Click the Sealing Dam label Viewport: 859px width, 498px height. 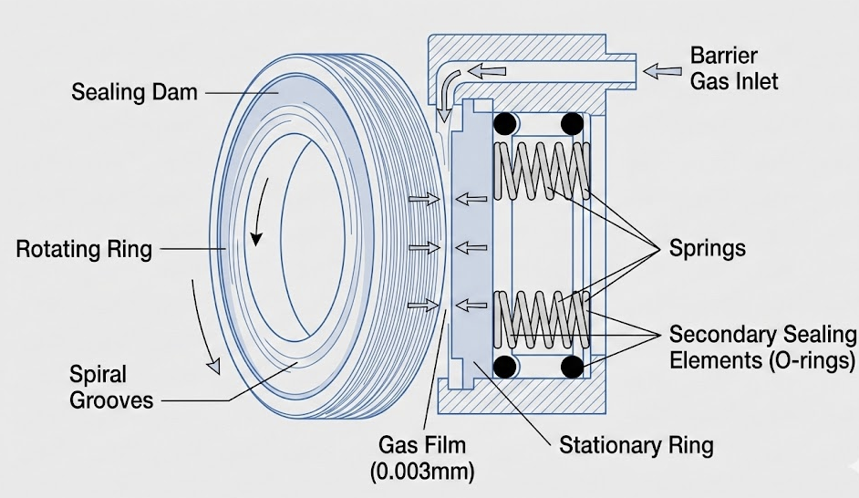pos(134,92)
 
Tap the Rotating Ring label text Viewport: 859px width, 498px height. pos(84,249)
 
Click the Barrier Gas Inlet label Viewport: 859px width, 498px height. pos(734,67)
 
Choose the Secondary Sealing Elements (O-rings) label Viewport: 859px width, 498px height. pos(762,346)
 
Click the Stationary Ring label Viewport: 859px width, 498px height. pos(636,446)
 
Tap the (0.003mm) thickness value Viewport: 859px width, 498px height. pos(423,472)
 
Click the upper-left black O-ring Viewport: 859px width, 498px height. pos(503,123)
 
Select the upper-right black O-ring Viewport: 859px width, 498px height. pos(572,123)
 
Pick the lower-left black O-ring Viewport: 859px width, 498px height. pos(503,367)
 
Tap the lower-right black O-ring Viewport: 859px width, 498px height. pos(572,367)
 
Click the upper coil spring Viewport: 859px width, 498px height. pos(540,170)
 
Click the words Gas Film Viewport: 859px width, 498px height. pos(422,446)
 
